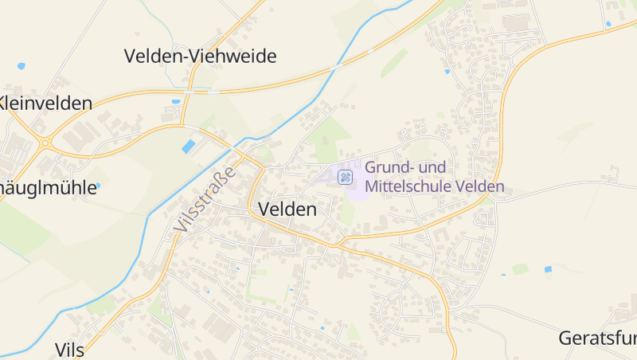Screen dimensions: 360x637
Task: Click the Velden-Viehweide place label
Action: pos(200,56)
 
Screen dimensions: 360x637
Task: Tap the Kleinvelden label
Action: pos(45,103)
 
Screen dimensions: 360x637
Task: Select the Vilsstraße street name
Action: pos(205,200)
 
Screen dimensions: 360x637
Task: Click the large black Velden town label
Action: pos(287,209)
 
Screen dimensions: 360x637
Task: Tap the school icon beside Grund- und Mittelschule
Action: pos(346,177)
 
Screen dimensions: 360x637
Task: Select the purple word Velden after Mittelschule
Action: pos(482,187)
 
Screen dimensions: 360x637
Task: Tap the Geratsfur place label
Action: pos(597,337)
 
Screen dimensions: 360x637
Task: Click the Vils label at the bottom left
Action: pos(71,350)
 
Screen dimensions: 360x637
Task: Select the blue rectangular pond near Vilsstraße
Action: pos(189,147)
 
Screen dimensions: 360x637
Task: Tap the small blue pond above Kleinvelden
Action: pos(21,65)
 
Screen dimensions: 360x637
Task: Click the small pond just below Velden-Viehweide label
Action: pos(175,102)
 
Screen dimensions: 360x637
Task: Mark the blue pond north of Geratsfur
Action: pos(548,269)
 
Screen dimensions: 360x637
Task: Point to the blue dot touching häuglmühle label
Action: pos(97,186)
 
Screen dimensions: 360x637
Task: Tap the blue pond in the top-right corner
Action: pos(608,24)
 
